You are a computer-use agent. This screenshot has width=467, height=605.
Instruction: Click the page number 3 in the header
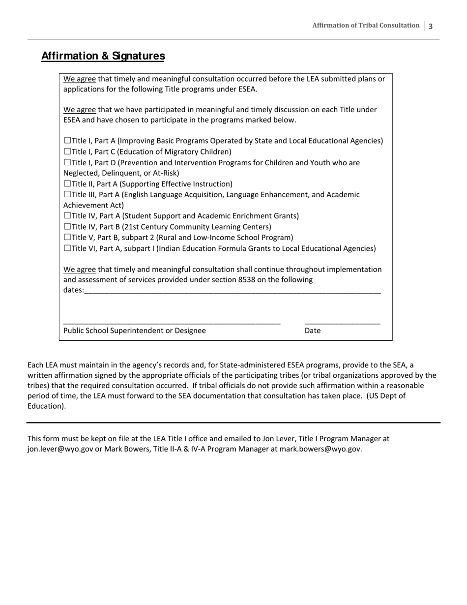(x=431, y=26)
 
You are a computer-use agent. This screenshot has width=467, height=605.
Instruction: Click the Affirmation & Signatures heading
(x=103, y=56)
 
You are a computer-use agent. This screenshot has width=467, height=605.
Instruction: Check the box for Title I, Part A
(x=67, y=141)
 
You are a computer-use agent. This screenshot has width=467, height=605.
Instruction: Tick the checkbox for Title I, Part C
(x=67, y=152)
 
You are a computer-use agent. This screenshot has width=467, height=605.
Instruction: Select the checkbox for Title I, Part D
(x=67, y=163)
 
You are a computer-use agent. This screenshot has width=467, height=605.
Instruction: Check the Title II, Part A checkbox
(x=67, y=184)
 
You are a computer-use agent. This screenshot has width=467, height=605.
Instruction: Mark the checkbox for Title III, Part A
(x=67, y=195)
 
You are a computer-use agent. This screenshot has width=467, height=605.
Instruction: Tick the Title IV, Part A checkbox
(x=67, y=216)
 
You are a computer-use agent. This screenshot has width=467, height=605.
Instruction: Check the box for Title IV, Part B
(x=67, y=227)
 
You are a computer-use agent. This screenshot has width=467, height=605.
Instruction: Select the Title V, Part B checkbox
(x=67, y=238)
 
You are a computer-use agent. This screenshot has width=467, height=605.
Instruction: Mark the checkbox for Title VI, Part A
(x=67, y=248)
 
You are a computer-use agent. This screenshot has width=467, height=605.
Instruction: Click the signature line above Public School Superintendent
(x=172, y=323)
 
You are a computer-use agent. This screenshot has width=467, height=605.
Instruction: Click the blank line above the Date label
(x=342, y=323)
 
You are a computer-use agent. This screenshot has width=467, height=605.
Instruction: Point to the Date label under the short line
(x=312, y=331)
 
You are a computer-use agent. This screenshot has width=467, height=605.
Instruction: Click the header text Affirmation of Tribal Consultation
(x=366, y=26)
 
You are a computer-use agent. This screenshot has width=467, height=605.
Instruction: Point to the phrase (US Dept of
(x=386, y=396)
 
